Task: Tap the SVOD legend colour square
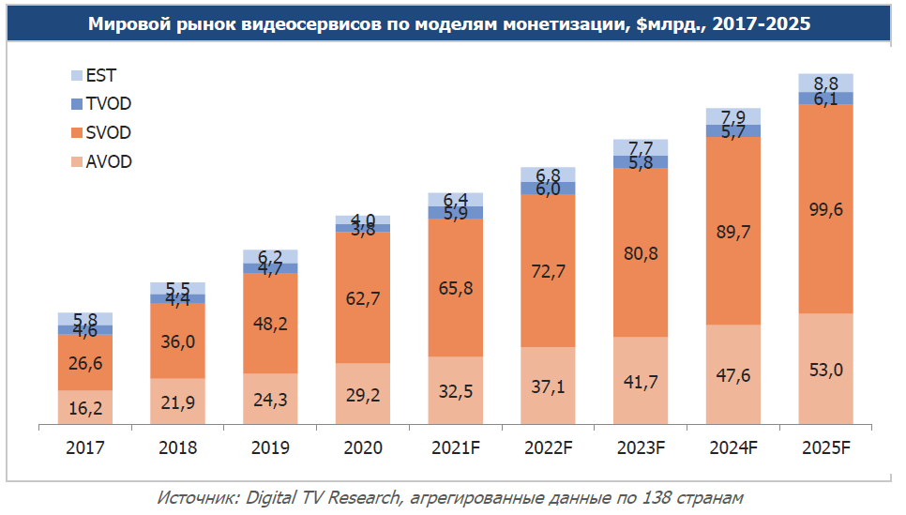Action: [77, 133]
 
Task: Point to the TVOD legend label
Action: [108, 104]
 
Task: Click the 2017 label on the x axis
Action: [85, 448]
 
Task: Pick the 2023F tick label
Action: [641, 448]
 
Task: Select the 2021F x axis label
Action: [456, 448]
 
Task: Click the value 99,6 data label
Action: [825, 209]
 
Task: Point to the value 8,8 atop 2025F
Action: [825, 82]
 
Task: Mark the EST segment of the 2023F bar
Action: [641, 147]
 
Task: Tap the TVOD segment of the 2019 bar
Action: [270, 268]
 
